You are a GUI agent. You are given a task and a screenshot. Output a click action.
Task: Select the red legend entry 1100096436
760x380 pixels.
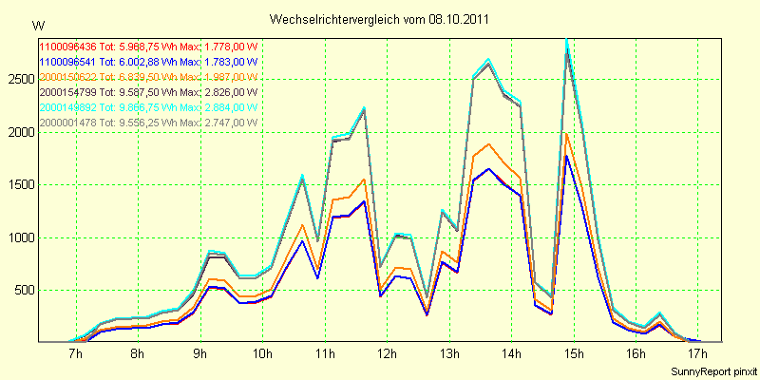[x=68, y=46]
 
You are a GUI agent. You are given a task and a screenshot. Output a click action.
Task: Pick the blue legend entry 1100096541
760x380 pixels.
[x=68, y=61]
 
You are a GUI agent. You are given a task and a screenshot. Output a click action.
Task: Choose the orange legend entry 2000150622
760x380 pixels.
[x=68, y=76]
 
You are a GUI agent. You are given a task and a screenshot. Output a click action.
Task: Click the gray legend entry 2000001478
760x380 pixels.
[x=68, y=122]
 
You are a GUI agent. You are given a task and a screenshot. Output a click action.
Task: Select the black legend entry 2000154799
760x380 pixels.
[x=68, y=91]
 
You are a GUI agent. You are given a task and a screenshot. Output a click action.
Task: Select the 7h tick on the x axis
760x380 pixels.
[x=76, y=354]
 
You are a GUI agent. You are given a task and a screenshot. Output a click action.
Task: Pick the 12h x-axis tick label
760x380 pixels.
[x=387, y=354]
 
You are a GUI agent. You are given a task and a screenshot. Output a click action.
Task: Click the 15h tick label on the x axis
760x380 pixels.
[x=573, y=354]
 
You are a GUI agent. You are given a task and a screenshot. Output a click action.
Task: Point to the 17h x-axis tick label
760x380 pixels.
[x=697, y=354]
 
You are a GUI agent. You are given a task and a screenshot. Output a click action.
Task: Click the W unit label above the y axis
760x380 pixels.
[x=37, y=25]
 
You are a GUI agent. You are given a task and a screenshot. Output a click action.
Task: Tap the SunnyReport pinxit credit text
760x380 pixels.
[x=712, y=370]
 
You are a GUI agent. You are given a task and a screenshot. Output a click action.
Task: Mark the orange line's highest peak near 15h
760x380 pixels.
[x=567, y=133]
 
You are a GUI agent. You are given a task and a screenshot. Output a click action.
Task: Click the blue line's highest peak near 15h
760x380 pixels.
[x=567, y=156]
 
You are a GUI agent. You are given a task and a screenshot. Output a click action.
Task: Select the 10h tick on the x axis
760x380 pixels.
[x=262, y=354]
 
